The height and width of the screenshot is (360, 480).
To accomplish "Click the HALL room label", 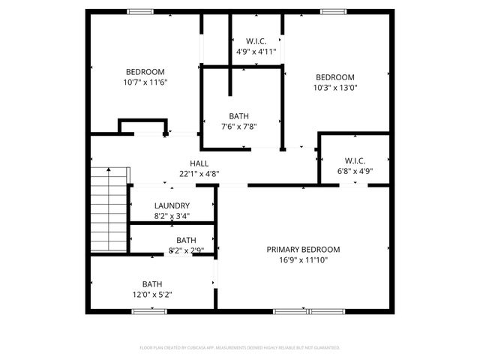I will click(199, 163).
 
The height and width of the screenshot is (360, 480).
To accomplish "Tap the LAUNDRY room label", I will click(172, 206).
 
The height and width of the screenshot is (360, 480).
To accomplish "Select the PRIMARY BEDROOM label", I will click(303, 250).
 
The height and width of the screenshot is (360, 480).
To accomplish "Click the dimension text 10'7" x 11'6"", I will click(145, 82).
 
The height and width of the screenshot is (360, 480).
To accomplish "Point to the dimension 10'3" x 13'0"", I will click(334, 87).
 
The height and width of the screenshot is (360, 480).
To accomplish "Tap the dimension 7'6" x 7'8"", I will click(239, 127).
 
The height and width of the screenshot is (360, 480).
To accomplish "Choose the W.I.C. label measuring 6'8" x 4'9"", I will click(355, 160).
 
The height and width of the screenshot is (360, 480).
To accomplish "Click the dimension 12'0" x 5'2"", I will click(152, 295).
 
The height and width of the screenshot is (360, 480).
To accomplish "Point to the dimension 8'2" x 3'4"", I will click(172, 217).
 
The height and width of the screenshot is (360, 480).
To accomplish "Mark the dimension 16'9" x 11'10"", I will click(303, 260).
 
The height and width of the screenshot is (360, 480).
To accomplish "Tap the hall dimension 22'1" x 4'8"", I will click(199, 174).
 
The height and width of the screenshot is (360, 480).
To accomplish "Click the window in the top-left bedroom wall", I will click(139, 11).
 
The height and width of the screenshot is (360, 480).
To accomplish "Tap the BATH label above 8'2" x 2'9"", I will click(186, 240).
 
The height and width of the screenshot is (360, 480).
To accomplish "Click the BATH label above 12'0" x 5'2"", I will click(152, 284).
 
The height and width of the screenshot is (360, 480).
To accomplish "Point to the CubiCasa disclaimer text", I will click(240, 348).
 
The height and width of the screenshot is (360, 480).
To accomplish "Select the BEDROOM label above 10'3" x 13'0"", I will click(334, 77).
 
